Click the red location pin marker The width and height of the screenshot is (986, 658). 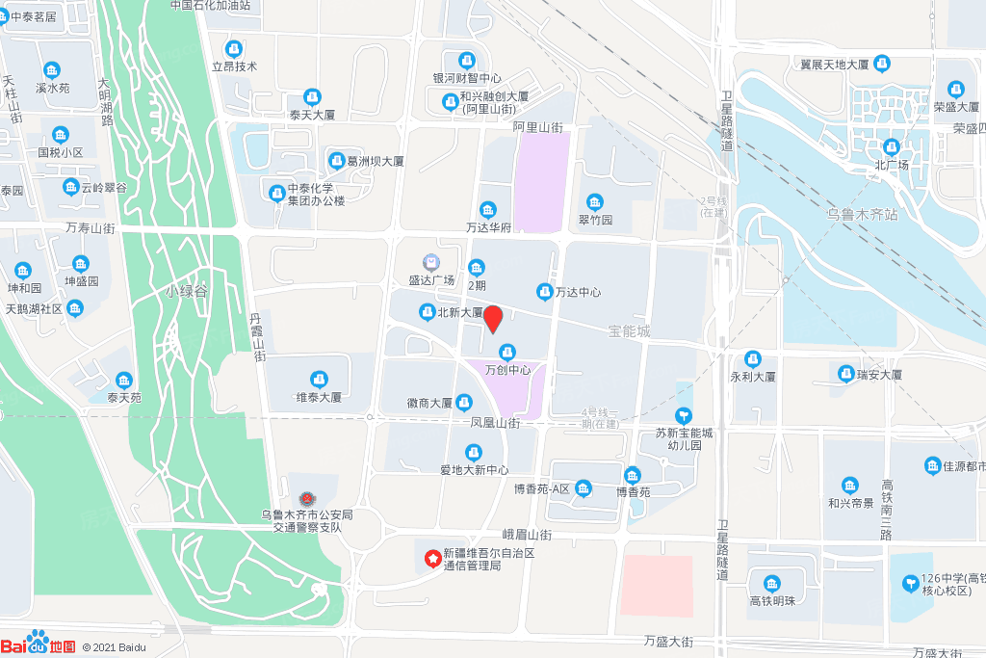[x=493, y=318]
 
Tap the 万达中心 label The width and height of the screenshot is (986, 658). [x=577, y=292]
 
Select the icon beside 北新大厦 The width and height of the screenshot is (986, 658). [x=427, y=311]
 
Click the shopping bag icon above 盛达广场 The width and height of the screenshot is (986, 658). [x=431, y=262]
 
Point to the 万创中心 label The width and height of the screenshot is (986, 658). [x=507, y=370]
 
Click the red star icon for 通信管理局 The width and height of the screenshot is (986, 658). [x=432, y=557]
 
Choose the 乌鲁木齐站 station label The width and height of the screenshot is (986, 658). [x=862, y=214]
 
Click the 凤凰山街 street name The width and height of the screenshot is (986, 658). [x=495, y=423]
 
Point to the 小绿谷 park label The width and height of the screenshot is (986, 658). [x=186, y=290]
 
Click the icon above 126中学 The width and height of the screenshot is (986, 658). [x=910, y=583]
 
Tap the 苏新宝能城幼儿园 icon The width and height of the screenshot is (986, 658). [x=684, y=415]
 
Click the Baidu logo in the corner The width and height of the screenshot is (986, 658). [x=39, y=645]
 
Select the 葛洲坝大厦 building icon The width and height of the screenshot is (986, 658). [x=337, y=160]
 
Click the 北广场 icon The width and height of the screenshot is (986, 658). [x=892, y=147]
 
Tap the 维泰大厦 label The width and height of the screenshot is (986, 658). [x=319, y=397]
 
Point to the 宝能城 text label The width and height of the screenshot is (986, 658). [x=629, y=331]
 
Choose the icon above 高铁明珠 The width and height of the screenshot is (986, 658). [x=771, y=584]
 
